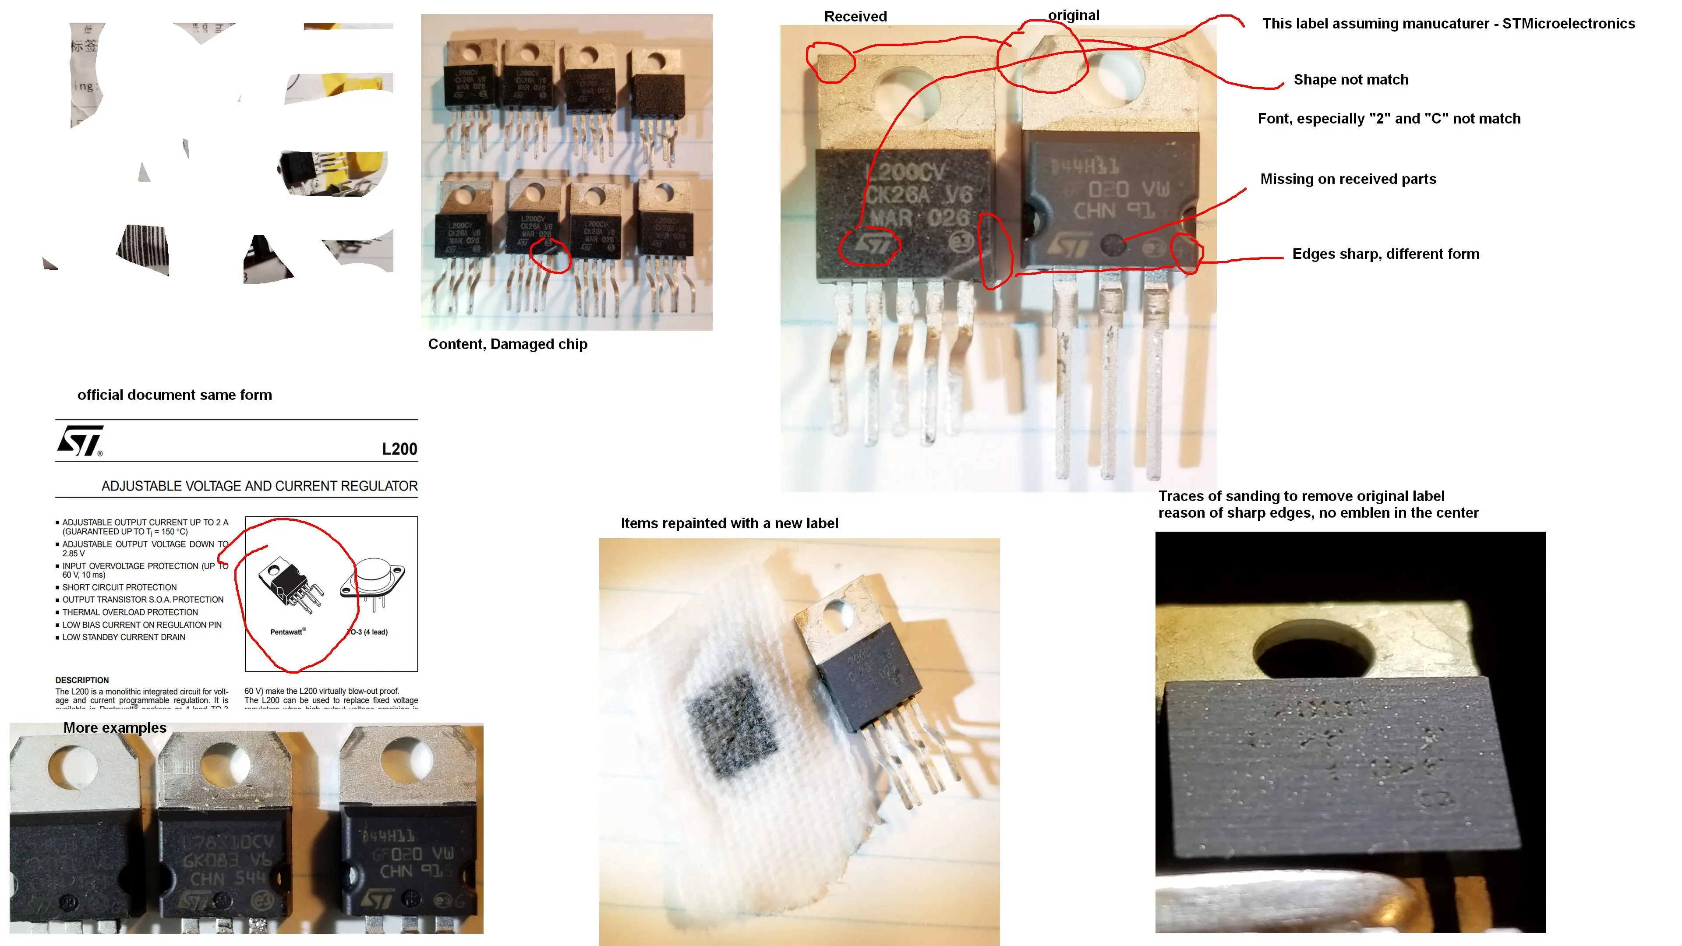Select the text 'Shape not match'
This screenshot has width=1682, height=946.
(1350, 80)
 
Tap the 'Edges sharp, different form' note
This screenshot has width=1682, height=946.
(1385, 254)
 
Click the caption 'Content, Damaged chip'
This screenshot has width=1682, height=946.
(507, 345)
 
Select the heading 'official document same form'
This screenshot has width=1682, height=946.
(174, 395)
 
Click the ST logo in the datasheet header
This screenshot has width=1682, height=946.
(80, 441)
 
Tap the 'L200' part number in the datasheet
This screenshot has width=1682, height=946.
(399, 449)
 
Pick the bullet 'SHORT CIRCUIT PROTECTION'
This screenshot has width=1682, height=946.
(120, 588)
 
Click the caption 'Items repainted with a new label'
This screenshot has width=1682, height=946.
(729, 524)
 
